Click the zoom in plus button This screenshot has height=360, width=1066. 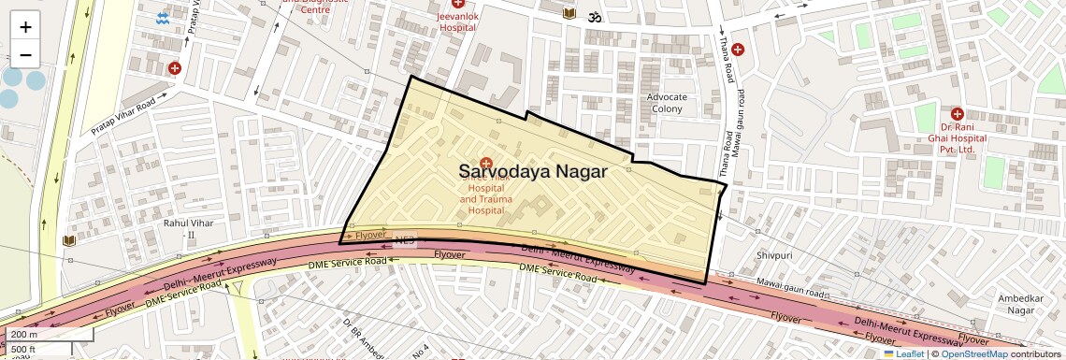pyautogui.click(x=25, y=27)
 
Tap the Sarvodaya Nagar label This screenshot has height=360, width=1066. pyautogui.click(x=533, y=171)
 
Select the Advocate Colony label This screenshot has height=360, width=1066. pyautogui.click(x=668, y=103)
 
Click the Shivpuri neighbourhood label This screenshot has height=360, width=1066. pyautogui.click(x=774, y=255)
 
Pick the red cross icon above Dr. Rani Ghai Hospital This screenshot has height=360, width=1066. pyautogui.click(x=957, y=113)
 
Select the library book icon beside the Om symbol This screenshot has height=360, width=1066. pyautogui.click(x=569, y=14)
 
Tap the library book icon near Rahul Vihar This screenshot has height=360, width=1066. pyautogui.click(x=68, y=241)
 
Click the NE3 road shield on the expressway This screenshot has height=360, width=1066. pyautogui.click(x=404, y=239)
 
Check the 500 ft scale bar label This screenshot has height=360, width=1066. pyautogui.click(x=23, y=349)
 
